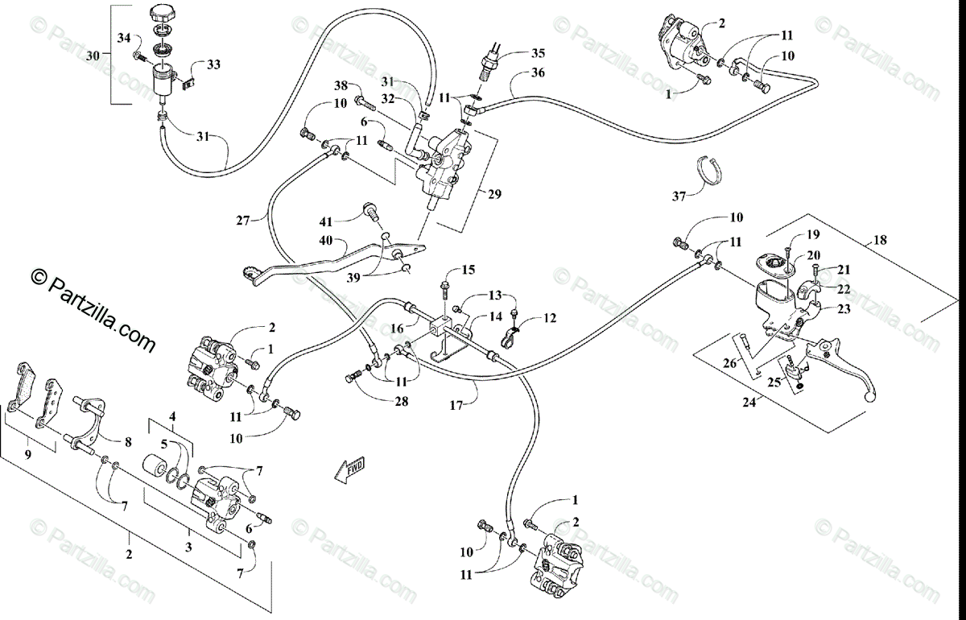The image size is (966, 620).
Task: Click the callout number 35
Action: click(538, 54)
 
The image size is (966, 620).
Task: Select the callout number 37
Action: click(679, 196)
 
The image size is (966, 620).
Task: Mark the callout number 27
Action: click(245, 219)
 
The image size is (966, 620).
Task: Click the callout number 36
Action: click(538, 74)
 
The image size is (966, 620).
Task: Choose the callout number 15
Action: click(468, 269)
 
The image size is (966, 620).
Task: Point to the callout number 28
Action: click(401, 402)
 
